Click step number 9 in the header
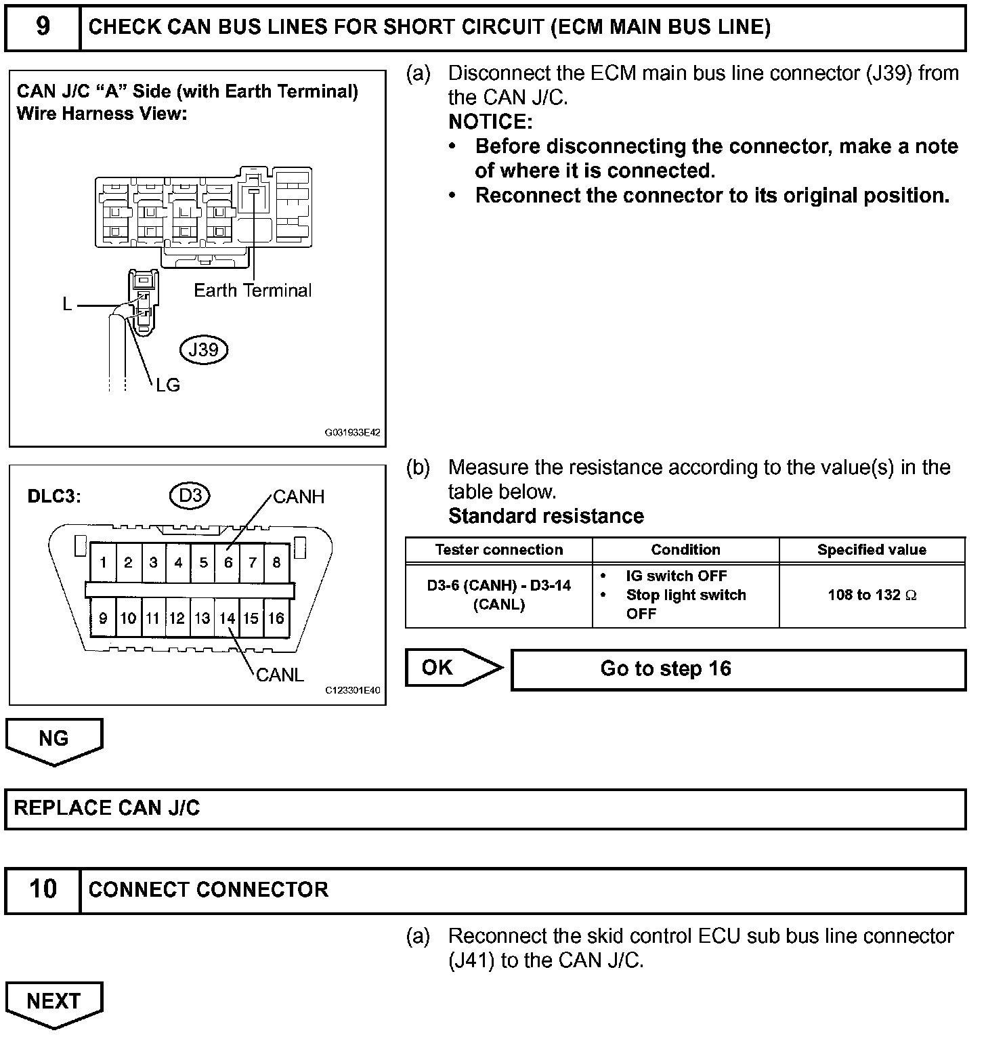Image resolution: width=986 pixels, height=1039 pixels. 42,27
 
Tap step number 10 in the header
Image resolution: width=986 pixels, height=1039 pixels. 42,889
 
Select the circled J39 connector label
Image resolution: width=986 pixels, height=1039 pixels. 203,349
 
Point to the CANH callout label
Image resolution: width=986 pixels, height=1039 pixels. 299,497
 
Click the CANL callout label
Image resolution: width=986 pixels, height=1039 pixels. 280,675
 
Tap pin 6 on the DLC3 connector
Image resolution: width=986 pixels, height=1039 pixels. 228,562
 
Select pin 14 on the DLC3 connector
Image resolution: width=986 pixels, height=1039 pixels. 227,618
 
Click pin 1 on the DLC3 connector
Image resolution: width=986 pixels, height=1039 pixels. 103,562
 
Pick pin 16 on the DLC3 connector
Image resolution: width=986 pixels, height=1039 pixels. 276,618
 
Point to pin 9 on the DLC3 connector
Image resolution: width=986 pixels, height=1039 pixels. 103,618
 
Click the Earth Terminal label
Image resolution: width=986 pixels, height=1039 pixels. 252,291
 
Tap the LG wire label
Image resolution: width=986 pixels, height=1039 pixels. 167,385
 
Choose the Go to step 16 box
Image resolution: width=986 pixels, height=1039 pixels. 738,669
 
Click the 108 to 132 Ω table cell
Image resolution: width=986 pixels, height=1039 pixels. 872,595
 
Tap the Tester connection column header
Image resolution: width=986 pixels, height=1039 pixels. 498,550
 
